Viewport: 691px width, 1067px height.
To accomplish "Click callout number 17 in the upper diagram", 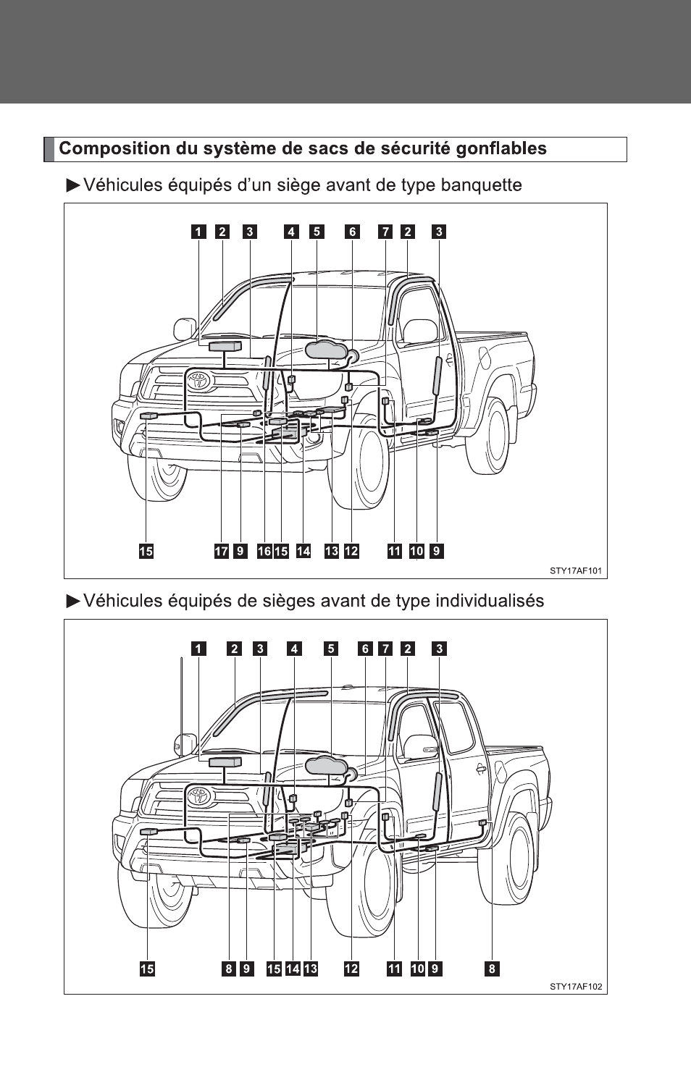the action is click(221, 551).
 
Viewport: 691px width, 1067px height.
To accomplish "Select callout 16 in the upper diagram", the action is click(264, 551).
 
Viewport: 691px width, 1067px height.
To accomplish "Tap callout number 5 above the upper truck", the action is click(317, 232).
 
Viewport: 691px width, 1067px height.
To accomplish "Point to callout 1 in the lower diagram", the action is click(198, 649).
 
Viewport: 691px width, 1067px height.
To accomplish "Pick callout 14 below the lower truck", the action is click(293, 969).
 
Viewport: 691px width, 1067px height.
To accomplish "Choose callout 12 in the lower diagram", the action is click(351, 969).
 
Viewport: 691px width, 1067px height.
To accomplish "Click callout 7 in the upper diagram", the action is click(385, 232).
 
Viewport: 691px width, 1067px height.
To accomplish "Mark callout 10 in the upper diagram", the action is click(416, 551).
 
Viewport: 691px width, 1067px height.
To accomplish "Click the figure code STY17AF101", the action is click(576, 570).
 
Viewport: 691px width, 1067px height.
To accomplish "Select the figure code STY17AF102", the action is click(576, 987).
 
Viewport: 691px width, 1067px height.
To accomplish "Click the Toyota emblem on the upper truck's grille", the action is click(198, 381).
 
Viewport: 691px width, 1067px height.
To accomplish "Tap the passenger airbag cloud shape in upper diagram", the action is click(326, 349).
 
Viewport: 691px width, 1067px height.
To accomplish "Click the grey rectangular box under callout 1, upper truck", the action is click(225, 346).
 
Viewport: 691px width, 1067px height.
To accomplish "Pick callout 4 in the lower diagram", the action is click(295, 649).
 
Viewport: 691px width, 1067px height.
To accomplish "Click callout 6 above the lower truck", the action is click(365, 649).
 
